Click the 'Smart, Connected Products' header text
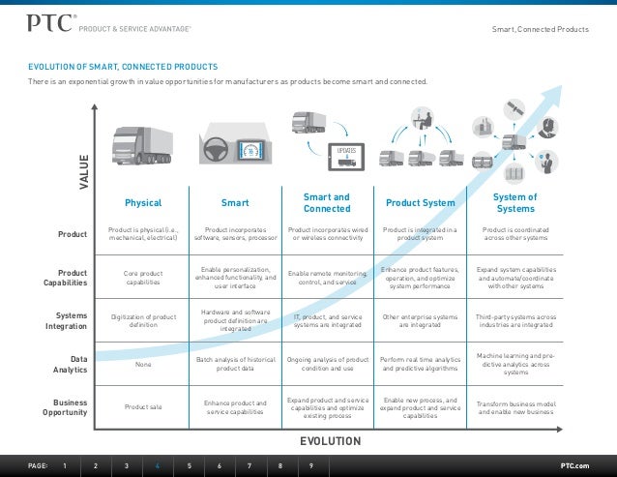(541, 30)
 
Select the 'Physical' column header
(143, 203)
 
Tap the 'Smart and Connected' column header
(327, 202)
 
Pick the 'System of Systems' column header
(515, 202)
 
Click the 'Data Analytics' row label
(70, 364)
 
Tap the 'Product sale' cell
(143, 406)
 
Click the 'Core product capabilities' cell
(143, 278)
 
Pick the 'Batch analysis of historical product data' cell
(235, 364)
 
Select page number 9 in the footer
(310, 465)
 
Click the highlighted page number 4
(158, 465)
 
